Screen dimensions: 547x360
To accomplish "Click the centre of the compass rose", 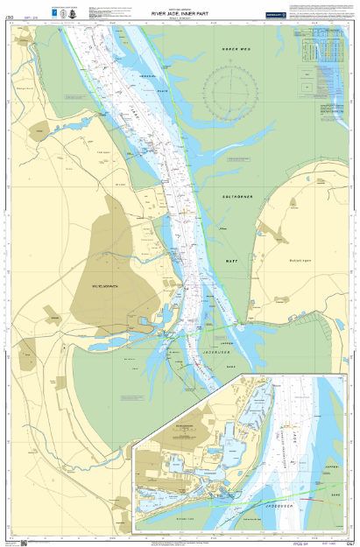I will point(229,89).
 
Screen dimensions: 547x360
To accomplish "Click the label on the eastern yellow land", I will point(300,260).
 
